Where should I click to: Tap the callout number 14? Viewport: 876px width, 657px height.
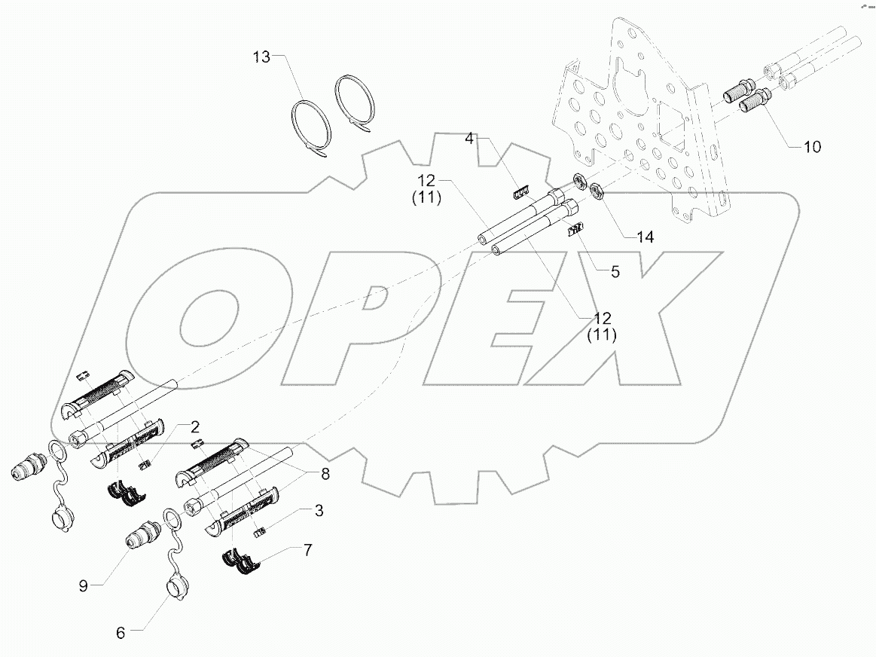[x=645, y=236]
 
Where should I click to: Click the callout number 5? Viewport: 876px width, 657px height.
[x=615, y=272]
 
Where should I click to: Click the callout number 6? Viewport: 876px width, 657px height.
[x=121, y=634]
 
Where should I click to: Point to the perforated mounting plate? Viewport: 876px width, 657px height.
[x=640, y=121]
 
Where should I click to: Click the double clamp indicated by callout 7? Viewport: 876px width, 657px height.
[x=242, y=562]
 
